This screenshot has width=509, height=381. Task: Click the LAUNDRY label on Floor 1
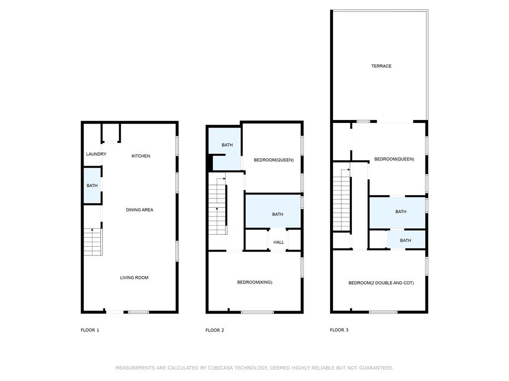pos(96,154)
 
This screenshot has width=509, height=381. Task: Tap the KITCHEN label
pos(141,156)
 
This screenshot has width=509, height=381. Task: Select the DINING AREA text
pos(140,210)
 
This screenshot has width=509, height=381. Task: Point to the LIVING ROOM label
pos(134,278)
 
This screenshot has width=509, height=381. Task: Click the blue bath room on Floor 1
pos(92,186)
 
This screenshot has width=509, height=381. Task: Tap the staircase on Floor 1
pos(93,242)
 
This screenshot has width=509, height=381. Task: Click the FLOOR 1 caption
pos(90,330)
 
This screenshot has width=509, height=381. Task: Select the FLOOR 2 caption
pos(215,330)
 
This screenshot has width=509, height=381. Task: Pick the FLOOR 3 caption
pos(339,330)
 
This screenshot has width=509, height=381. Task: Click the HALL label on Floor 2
pos(278,242)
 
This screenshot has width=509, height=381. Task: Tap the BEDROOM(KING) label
pos(254,282)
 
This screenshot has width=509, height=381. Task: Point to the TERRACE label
pos(381,66)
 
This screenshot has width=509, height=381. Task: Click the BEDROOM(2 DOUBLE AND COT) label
pos(381,283)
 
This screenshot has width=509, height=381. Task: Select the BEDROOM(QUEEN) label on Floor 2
pos(274,160)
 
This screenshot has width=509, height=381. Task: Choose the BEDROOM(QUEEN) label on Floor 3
pos(394,159)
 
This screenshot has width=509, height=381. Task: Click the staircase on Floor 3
pos(342,199)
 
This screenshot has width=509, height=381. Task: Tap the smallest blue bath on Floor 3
pos(406,240)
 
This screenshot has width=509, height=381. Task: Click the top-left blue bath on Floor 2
pos(225,148)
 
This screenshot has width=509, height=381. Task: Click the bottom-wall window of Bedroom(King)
pos(257,313)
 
